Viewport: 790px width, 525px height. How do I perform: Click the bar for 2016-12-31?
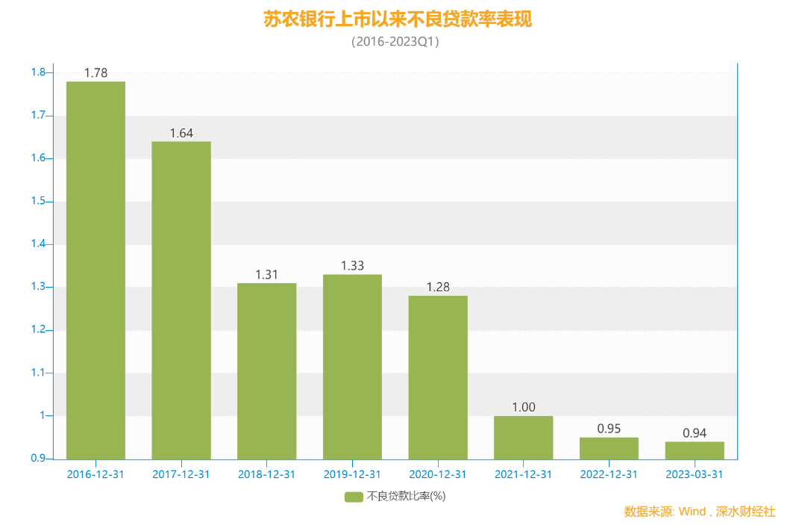tap(95, 270)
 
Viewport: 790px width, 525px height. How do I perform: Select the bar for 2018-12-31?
tap(266, 370)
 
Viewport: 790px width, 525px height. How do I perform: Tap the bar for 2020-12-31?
tap(438, 377)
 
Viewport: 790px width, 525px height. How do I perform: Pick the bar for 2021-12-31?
tap(524, 437)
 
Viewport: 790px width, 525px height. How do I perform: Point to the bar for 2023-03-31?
tap(695, 450)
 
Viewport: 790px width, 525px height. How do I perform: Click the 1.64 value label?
tap(181, 134)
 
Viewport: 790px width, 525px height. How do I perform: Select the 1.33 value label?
tap(352, 266)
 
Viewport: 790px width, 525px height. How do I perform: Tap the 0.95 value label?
tap(609, 429)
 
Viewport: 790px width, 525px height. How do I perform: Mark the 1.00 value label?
tap(524, 408)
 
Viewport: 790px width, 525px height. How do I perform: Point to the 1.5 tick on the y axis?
tap(38, 202)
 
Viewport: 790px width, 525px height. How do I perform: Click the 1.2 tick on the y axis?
tap(38, 330)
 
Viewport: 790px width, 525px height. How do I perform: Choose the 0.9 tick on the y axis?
tap(38, 459)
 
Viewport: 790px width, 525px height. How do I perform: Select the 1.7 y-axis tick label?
tap(38, 116)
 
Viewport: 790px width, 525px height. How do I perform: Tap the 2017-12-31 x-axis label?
tap(181, 474)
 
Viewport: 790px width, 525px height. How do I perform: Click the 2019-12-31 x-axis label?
tap(352, 474)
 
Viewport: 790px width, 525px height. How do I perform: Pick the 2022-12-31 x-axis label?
tap(609, 474)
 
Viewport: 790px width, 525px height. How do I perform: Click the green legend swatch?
tap(353, 497)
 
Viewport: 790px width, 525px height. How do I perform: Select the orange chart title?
tap(398, 19)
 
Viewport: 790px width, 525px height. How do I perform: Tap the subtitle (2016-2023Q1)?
tap(395, 43)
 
